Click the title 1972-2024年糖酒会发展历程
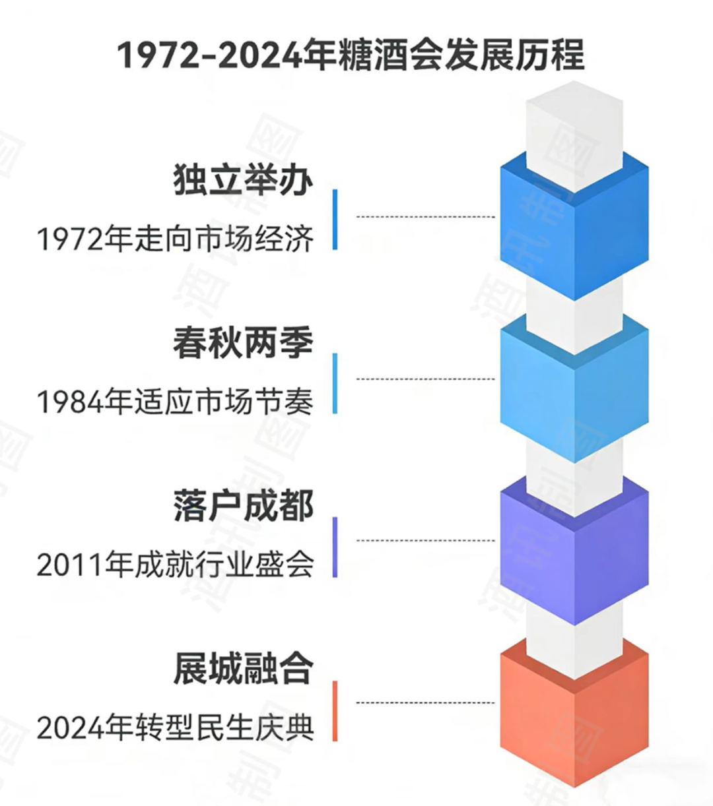click(x=351, y=55)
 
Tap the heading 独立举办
click(x=243, y=179)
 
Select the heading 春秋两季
click(x=243, y=343)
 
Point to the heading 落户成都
click(x=243, y=506)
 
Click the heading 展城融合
click(x=243, y=669)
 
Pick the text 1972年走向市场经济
click(x=175, y=239)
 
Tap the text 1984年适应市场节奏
click(x=175, y=402)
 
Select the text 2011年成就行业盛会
click(x=175, y=565)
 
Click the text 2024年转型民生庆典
click(x=175, y=728)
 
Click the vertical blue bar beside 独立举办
click(x=335, y=220)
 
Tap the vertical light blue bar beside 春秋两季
click(x=335, y=383)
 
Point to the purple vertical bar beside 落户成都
click(x=335, y=547)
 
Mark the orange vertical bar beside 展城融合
click(x=335, y=710)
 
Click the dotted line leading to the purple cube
click(x=426, y=540)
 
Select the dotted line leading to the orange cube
click(x=426, y=702)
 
